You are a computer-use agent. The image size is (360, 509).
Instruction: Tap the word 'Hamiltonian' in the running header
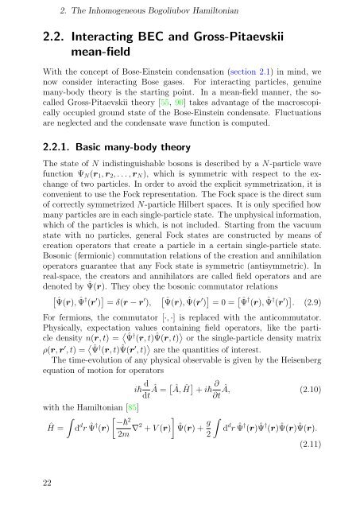(x=237, y=12)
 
